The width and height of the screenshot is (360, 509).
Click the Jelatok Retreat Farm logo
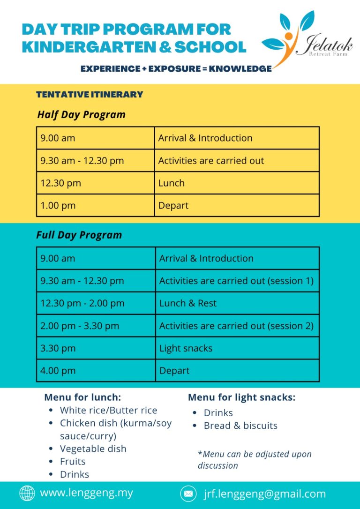coord(307,39)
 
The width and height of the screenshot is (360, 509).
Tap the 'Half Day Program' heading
coord(81,115)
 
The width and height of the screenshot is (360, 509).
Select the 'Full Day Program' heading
coord(79,235)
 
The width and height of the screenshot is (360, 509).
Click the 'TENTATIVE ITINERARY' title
coord(90,95)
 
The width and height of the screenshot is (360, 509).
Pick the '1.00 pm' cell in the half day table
coord(58,205)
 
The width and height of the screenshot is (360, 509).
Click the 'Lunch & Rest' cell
coord(188,303)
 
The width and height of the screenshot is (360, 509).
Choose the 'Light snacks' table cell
coord(186,348)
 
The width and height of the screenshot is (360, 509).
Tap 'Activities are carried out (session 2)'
coord(236,326)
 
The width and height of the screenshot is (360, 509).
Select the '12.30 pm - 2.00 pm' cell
coord(82,303)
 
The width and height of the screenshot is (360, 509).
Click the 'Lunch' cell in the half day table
coord(172,183)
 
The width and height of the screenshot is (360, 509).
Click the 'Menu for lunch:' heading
coord(82,397)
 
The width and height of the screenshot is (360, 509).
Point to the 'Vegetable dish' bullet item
coord(93,449)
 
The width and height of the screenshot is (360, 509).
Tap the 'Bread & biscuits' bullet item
coord(240,426)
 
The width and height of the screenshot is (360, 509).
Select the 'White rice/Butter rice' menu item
coord(109,410)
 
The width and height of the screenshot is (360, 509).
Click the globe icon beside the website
coord(27,493)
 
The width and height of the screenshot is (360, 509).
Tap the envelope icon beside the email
coord(188,494)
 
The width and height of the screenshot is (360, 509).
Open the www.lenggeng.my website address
coord(86,493)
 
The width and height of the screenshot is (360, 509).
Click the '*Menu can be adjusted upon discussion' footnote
coord(255,459)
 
